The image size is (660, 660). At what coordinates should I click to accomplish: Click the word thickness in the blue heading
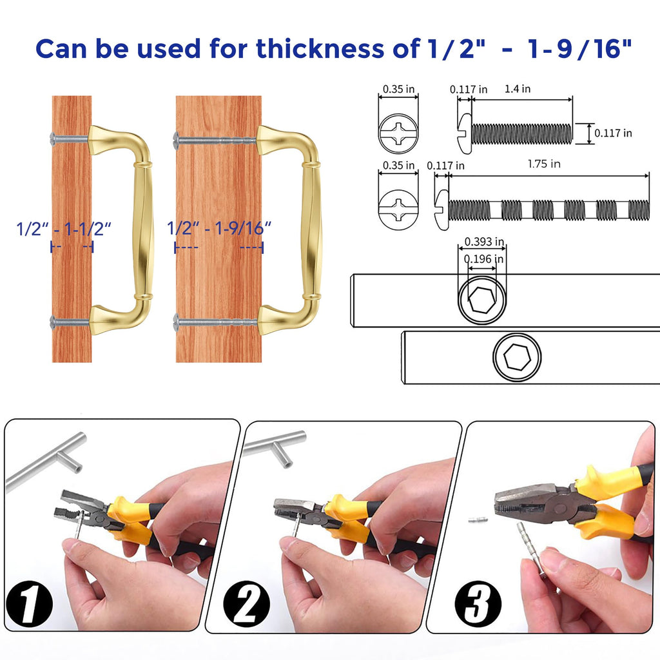(x=320, y=48)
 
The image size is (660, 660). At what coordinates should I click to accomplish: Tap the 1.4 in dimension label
(x=518, y=89)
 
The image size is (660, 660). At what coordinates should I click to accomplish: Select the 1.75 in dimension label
(x=544, y=164)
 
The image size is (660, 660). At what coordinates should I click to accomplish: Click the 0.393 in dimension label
(x=484, y=242)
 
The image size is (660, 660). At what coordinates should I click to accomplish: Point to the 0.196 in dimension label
(x=483, y=259)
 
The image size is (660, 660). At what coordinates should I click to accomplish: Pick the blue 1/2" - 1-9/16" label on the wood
(x=219, y=228)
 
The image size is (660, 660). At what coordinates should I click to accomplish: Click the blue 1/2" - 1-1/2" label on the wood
(x=64, y=229)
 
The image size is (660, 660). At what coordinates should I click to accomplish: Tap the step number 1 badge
(x=29, y=603)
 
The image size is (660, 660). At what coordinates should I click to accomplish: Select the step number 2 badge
(x=246, y=603)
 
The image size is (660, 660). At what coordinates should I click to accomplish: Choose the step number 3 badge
(x=478, y=603)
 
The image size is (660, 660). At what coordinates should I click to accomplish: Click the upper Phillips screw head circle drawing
(x=398, y=133)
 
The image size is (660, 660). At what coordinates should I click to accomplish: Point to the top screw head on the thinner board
(x=53, y=138)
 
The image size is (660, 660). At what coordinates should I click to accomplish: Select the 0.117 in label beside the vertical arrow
(x=613, y=133)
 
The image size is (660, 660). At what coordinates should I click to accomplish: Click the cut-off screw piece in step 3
(x=478, y=520)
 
